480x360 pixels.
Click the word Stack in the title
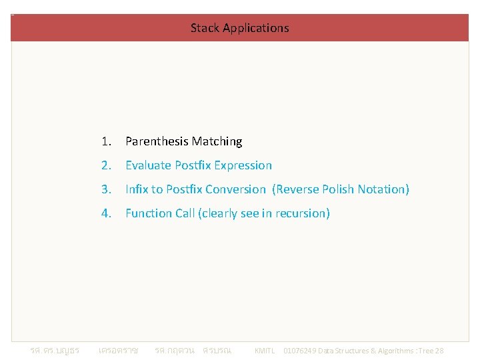click(x=205, y=28)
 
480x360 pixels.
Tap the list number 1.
click(x=105, y=141)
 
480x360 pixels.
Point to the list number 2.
click(x=105, y=165)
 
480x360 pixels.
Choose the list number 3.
click(x=105, y=189)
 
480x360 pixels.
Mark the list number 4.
click(x=105, y=213)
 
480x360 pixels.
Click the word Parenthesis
click(x=157, y=141)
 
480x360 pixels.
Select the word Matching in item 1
click(x=217, y=141)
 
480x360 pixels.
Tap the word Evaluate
click(x=148, y=165)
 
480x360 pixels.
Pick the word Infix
click(x=137, y=189)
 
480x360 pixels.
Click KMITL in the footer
click(x=264, y=351)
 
